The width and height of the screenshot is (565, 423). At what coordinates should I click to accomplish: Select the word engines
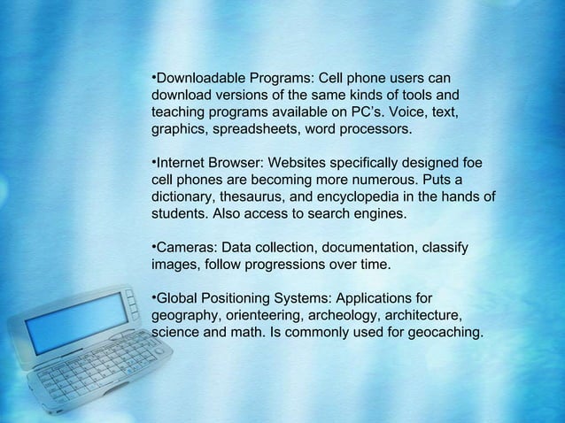[x=382, y=214]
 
